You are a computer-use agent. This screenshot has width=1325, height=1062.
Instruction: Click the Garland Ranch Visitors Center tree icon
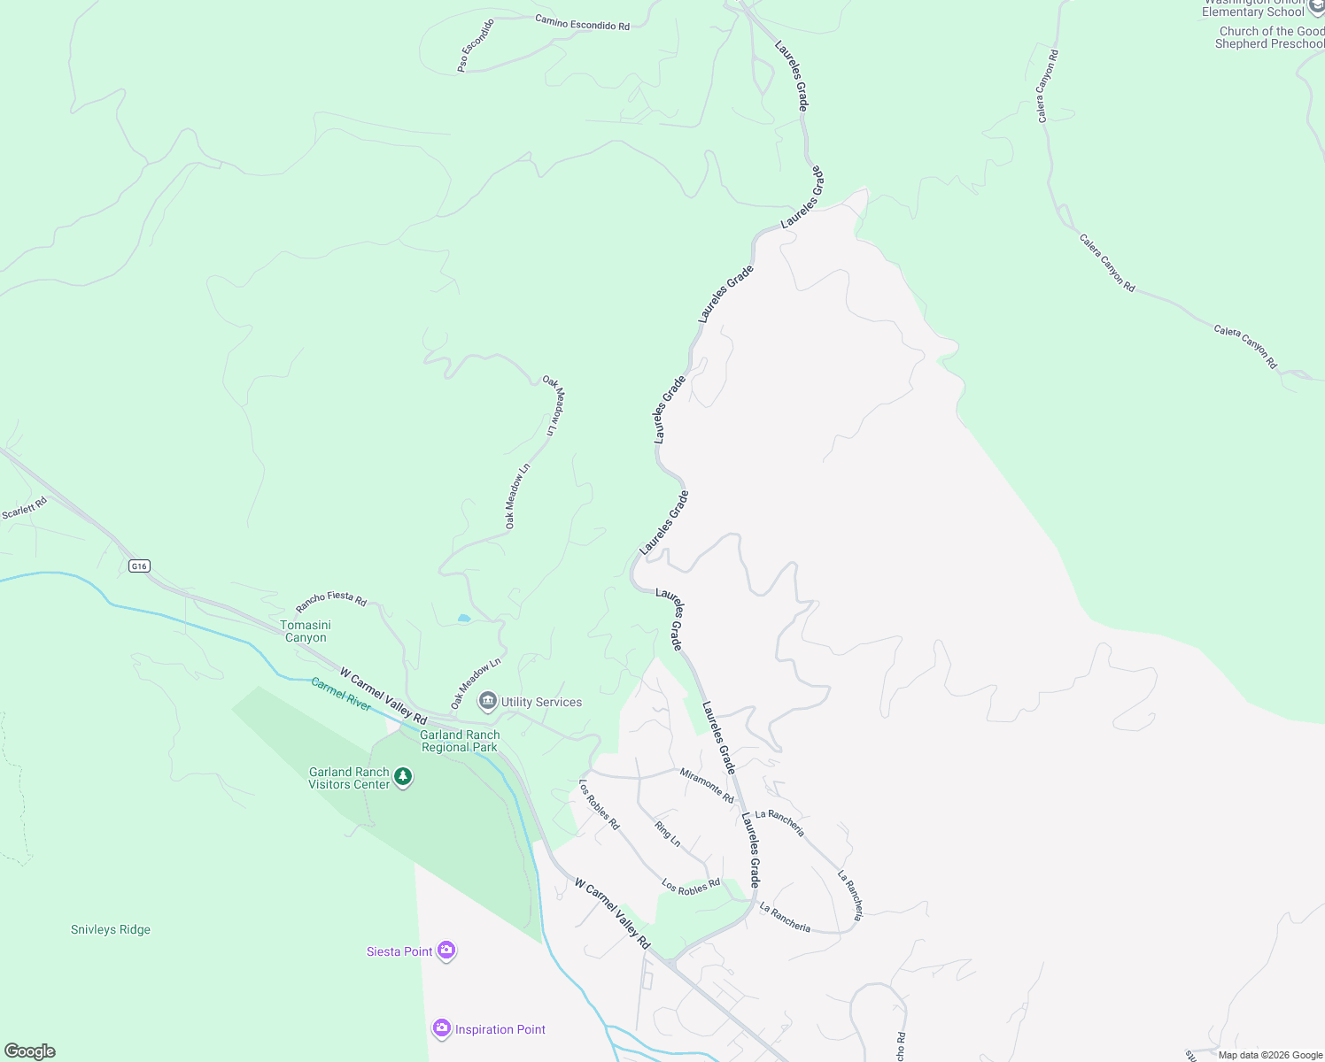click(403, 777)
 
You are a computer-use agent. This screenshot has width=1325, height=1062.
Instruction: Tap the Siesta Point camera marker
click(446, 951)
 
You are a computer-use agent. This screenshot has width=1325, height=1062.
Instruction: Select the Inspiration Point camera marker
click(441, 1029)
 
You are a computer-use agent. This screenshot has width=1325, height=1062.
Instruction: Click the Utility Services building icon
click(487, 702)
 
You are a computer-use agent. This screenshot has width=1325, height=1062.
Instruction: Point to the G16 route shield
click(139, 566)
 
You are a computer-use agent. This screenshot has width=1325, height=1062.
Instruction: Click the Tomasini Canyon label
click(306, 631)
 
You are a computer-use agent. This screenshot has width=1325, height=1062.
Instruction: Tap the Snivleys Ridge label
click(111, 929)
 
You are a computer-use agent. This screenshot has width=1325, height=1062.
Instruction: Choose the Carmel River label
click(341, 694)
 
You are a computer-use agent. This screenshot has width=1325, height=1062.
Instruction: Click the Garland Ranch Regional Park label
click(460, 741)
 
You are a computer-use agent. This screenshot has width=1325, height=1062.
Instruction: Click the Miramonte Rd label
click(707, 785)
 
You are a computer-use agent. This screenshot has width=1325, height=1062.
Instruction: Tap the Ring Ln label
click(668, 834)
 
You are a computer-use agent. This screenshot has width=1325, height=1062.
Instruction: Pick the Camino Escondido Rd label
click(582, 22)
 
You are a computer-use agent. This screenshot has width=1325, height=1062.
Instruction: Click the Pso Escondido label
click(475, 45)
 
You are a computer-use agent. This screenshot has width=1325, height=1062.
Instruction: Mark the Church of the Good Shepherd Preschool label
click(1269, 37)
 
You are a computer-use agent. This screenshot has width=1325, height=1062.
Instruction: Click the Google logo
click(29, 1051)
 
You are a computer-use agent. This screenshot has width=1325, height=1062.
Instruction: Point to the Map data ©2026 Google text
click(1269, 1055)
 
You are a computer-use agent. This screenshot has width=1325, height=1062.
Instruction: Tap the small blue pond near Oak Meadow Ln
click(464, 618)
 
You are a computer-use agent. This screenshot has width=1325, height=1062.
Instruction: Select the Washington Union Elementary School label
click(1253, 8)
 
